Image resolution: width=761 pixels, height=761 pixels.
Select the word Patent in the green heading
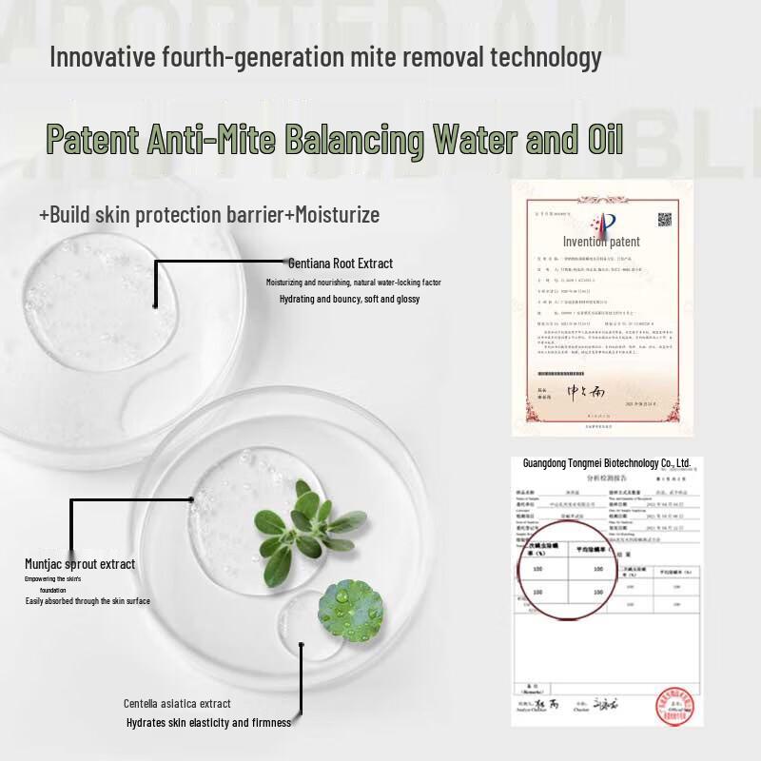click(92, 141)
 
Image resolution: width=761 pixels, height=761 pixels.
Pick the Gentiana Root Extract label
click(341, 263)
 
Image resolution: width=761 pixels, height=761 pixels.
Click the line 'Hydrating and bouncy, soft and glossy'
click(349, 300)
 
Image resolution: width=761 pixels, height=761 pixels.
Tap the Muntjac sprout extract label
click(80, 564)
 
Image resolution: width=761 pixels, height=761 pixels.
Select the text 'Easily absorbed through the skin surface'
click(88, 601)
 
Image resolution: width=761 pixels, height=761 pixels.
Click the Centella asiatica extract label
click(177, 704)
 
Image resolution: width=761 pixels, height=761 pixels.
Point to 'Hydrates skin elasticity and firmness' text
click(208, 723)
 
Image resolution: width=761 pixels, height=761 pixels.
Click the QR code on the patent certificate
click(664, 220)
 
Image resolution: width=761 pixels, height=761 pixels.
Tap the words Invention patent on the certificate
click(601, 242)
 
